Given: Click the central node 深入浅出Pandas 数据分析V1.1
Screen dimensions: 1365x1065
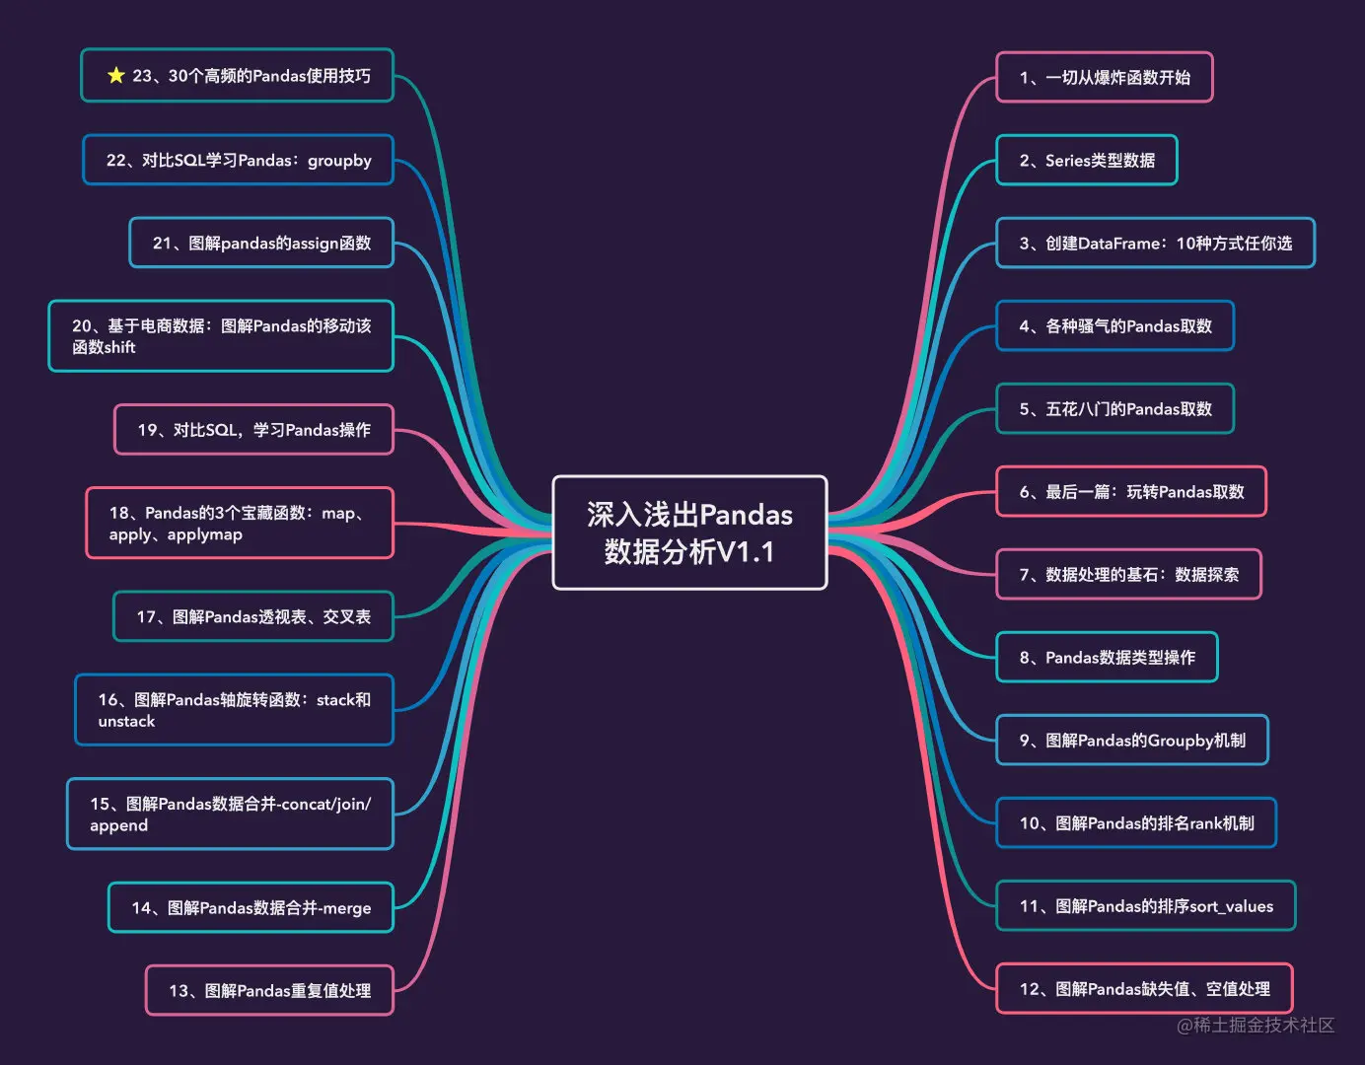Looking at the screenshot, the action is coord(689,532).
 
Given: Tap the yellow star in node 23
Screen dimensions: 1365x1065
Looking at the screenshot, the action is coord(116,76).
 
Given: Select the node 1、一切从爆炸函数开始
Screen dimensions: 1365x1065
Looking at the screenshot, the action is coord(1104,78).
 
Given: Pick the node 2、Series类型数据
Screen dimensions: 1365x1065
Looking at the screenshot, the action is coord(1086,161).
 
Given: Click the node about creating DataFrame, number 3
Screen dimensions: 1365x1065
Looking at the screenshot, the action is coord(1155,244).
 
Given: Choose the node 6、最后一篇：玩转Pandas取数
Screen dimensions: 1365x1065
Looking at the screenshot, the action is coord(1130,492).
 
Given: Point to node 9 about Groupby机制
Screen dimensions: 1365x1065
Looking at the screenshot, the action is coord(1131,741).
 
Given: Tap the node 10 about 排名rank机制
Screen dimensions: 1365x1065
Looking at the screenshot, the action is coord(1136,823).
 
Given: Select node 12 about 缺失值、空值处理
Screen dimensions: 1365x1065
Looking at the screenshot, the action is coord(1144,989).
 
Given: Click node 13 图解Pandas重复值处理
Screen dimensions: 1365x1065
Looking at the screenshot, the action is coord(269,991).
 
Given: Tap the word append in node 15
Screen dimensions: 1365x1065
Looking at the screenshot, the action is coord(118,825).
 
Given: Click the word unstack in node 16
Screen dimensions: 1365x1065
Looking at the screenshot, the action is coord(126,722).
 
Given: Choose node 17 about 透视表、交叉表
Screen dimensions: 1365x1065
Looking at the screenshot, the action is coord(253,617).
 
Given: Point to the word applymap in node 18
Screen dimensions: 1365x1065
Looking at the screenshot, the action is coord(204,534).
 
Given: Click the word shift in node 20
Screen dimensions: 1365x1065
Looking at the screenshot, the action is coord(118,347).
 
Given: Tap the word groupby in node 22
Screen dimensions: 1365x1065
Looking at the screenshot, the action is coord(339,161).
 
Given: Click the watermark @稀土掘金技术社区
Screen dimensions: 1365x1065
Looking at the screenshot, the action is coord(1255,1026).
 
